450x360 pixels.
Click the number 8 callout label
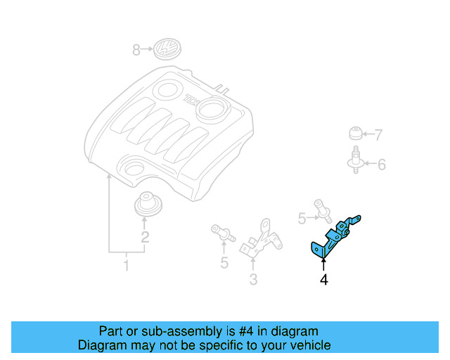(136, 49)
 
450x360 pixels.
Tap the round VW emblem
(167, 49)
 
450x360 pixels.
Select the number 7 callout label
(378, 135)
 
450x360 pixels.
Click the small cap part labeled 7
(356, 134)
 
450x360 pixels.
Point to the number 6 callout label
(381, 165)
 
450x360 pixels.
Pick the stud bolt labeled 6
(356, 160)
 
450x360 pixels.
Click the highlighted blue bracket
(335, 235)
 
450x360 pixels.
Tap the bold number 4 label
(323, 280)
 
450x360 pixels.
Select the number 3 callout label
(253, 280)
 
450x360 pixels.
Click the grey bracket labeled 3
(262, 239)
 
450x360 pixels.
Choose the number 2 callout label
(145, 237)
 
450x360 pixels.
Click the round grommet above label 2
(147, 205)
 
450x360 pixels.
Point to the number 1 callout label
(127, 266)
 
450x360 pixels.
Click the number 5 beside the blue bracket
(302, 219)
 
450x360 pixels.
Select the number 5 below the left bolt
(224, 263)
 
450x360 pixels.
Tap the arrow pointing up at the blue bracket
(323, 264)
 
